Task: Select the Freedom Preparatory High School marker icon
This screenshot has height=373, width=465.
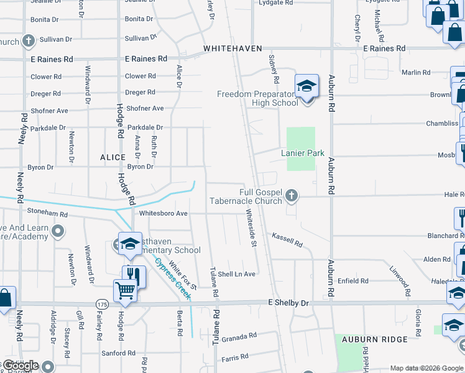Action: (x=306, y=86)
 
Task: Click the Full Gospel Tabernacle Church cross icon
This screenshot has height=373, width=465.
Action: (x=290, y=197)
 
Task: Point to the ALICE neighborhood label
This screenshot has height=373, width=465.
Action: (x=113, y=158)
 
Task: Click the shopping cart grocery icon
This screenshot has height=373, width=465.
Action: (x=124, y=291)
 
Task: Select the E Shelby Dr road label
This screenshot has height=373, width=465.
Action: (x=288, y=303)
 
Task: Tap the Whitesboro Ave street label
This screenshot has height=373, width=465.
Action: (x=163, y=213)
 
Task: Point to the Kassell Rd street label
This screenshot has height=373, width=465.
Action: (x=287, y=239)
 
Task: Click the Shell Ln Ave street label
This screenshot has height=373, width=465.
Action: (x=236, y=274)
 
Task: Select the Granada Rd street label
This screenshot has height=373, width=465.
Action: (x=239, y=336)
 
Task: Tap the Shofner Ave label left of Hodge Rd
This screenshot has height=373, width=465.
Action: (x=49, y=111)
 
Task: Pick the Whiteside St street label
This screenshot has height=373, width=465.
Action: (x=251, y=228)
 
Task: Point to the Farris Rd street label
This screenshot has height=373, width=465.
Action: (x=235, y=357)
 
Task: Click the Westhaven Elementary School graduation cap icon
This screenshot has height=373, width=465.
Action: (x=130, y=244)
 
